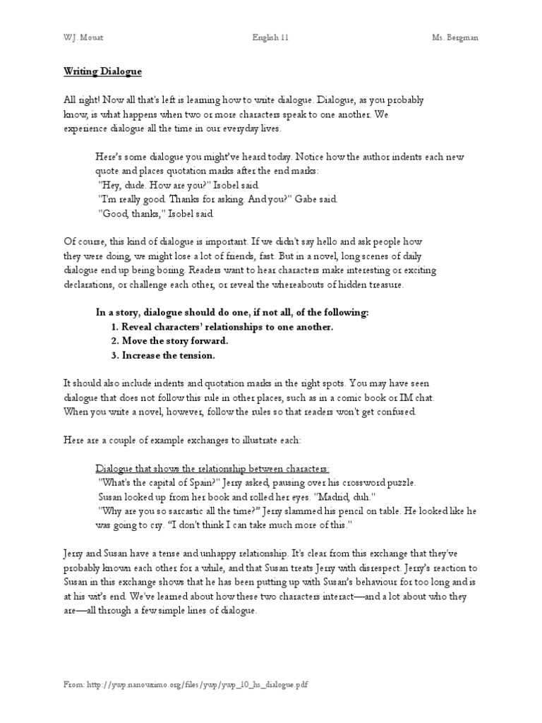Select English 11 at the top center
tap(270, 37)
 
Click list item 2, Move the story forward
tap(169, 341)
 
